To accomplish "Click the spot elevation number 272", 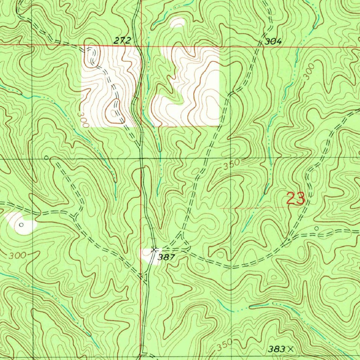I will pos(122,41).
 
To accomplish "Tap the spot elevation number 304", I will pos(273,41).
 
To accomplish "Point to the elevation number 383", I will pos(276,349).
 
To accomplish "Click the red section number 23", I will pos(295,199).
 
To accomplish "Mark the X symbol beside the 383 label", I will pos(290,349).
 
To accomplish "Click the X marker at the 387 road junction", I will pos(154,250).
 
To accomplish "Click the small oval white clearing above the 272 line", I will pos(178,23).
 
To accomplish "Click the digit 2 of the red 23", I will pos(291,199).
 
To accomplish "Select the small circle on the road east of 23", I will pos(316,229).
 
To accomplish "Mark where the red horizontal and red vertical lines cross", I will pos(141,46).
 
